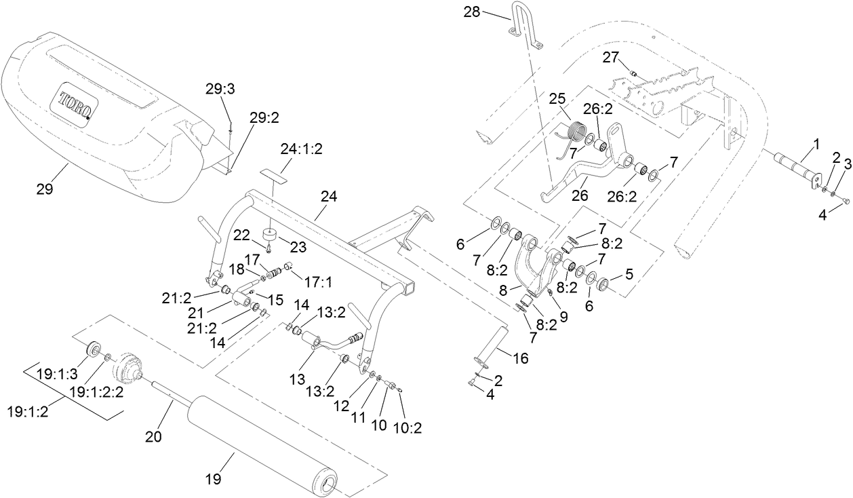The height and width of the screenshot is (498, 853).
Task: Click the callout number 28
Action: (472, 12)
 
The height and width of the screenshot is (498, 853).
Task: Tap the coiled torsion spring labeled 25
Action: (576, 131)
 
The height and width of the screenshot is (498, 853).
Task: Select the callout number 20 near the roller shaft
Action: (155, 437)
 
